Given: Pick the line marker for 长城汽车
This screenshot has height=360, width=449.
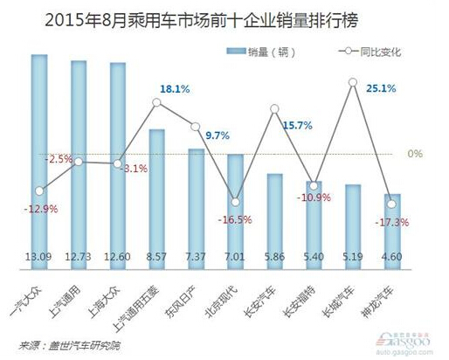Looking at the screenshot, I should click(x=353, y=83).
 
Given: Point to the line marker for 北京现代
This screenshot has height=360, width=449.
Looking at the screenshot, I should click(x=235, y=201).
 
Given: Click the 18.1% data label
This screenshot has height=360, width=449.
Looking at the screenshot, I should click(x=169, y=89).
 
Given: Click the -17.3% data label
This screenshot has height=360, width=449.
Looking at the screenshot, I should click(x=391, y=224).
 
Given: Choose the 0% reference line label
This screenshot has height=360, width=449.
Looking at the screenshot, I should click(x=415, y=154).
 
